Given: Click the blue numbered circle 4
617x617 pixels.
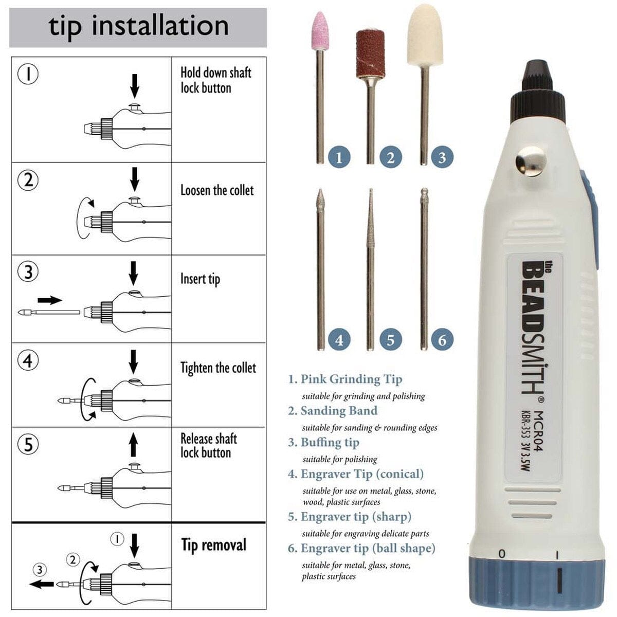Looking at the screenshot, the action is tap(339, 340).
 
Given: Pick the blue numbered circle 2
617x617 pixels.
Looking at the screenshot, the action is tap(391, 157).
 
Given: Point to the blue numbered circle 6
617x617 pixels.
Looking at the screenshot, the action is tap(442, 340).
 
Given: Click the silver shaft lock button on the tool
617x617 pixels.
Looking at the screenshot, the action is tap(531, 161).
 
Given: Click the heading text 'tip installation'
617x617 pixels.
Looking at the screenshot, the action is tap(139, 27).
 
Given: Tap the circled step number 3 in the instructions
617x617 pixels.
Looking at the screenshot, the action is tap(28, 271).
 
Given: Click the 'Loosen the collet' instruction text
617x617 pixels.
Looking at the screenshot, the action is tap(217, 190).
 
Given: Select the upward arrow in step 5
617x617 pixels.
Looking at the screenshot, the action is tap(134, 445).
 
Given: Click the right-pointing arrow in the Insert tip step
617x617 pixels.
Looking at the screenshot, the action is tap(50, 300).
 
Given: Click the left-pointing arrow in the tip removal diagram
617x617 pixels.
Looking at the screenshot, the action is tap(42, 584).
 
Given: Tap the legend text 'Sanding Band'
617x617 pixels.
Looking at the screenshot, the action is tap(339, 411).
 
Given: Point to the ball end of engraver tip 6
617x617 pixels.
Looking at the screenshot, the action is tap(424, 192).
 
